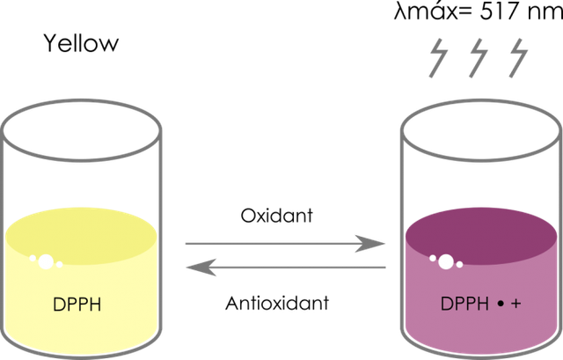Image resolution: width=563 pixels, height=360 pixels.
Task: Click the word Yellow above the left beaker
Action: [81, 43]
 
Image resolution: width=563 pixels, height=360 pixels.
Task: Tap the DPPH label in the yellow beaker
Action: [77, 305]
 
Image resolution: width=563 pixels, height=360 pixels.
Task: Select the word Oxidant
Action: [276, 216]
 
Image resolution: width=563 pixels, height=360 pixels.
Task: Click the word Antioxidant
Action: [277, 303]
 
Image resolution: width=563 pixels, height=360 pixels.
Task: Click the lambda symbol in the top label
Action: [400, 12]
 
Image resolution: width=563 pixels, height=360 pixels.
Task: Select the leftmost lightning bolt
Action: [439, 58]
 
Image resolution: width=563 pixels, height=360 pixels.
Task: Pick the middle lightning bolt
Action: [479, 58]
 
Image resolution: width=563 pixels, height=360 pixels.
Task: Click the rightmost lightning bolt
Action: [518, 58]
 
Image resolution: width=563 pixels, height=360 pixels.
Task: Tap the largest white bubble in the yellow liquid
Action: [46, 261]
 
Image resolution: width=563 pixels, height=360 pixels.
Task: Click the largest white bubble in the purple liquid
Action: [446, 261]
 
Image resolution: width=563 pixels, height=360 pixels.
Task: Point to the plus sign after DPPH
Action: [515, 304]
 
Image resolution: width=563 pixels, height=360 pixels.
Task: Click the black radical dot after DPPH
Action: [501, 304]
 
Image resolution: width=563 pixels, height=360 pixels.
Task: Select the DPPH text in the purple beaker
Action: [464, 304]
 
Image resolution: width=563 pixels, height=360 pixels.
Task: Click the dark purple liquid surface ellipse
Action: [481, 236]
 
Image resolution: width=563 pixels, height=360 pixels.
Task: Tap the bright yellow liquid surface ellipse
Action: [81, 236]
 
